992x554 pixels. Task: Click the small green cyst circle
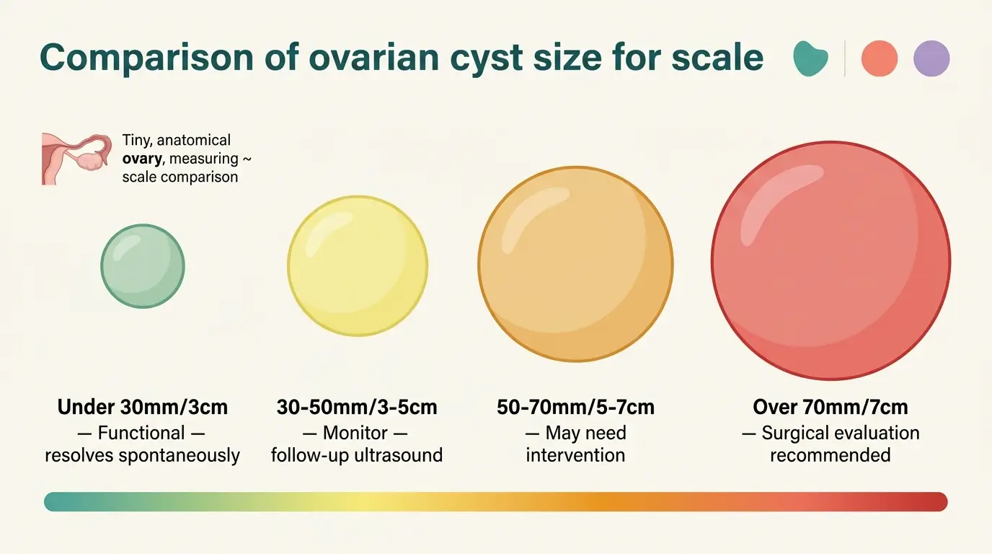[x=143, y=266]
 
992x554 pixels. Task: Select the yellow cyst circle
[x=358, y=266]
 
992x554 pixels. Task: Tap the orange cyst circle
[x=575, y=264]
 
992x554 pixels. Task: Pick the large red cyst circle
[x=831, y=260]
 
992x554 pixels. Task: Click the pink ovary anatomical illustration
[x=76, y=159]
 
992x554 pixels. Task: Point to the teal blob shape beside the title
[x=810, y=58]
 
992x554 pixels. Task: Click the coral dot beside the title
[x=880, y=58]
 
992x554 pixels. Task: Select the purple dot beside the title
[x=931, y=58]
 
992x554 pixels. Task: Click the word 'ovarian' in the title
[x=373, y=58]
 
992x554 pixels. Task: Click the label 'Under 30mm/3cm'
[x=143, y=407]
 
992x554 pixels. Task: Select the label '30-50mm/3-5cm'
[x=357, y=407]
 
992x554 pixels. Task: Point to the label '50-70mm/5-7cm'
[x=576, y=407]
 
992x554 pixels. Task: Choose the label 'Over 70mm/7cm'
[x=831, y=407]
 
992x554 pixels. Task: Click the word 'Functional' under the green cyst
[x=141, y=433]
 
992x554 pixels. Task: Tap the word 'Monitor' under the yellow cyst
[x=355, y=433]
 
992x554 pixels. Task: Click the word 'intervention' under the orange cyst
[x=575, y=455]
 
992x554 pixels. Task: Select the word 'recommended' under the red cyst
[x=831, y=455]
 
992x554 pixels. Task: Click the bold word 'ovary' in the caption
[x=142, y=159]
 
